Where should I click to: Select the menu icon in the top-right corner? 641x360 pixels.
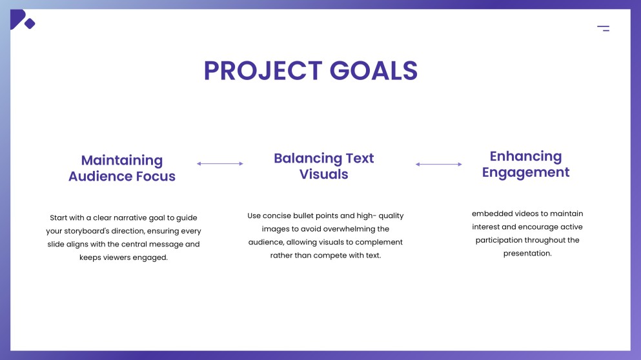pos(603,28)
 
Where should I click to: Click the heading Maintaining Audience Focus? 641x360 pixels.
pos(122,168)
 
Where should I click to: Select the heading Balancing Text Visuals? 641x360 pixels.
pos(323,166)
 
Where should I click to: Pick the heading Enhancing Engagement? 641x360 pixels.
pos(525,165)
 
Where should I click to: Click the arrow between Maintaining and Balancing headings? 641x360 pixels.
pos(220,164)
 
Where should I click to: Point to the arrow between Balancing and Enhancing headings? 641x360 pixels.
pos(439,165)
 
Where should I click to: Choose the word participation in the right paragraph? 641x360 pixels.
pos(503,241)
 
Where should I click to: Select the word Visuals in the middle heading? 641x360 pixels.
pos(323,174)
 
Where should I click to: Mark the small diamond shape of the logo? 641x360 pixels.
pos(29,24)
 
